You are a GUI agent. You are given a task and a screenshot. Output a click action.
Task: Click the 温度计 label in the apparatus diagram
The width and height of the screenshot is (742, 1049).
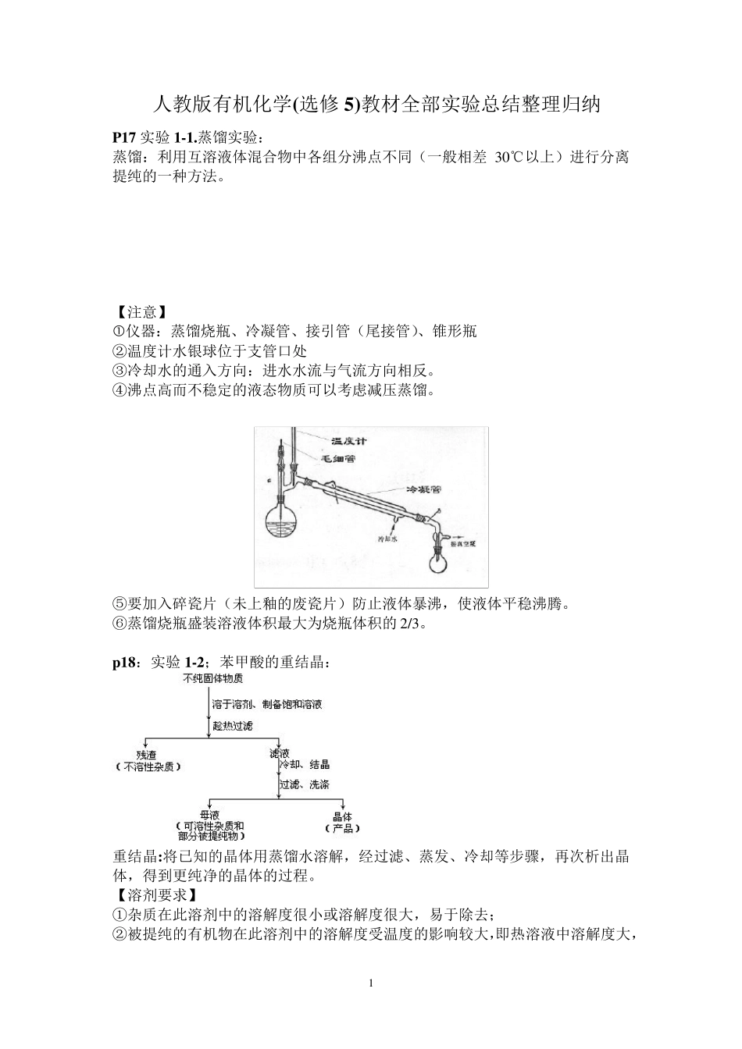point(348,442)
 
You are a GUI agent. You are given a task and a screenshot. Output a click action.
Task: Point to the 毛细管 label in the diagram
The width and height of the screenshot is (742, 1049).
point(338,459)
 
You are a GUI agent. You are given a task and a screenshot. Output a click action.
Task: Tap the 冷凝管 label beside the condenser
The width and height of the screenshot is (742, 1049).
point(424,490)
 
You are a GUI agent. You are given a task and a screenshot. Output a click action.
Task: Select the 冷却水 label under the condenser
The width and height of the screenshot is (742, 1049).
point(387,539)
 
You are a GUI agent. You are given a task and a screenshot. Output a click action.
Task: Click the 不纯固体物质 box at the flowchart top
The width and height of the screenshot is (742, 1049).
point(212,678)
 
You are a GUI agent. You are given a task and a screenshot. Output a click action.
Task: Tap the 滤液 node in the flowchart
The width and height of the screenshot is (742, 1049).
point(280,754)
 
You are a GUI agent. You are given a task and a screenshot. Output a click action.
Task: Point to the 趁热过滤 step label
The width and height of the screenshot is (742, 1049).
point(233,726)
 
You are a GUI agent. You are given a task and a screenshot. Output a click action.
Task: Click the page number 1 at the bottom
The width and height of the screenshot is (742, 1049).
point(371,983)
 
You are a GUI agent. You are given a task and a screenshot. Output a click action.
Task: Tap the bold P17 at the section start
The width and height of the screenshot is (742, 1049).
point(124,137)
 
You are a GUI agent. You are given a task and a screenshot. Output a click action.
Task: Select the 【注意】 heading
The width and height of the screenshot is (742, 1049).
point(141,312)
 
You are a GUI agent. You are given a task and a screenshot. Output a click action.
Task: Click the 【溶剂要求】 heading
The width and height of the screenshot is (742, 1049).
point(155,894)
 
